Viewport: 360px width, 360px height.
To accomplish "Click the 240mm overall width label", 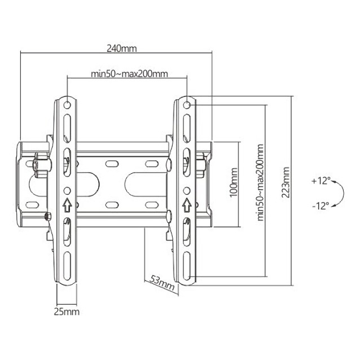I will (x=121, y=49).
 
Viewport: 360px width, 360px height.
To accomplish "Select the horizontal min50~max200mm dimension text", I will (x=129, y=74).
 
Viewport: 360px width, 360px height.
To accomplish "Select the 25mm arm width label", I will (x=67, y=311).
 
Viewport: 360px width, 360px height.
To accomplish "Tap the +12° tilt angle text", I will (x=319, y=181).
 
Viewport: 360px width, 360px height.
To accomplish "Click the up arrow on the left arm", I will (x=66, y=203).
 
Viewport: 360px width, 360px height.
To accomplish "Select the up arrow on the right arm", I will (x=186, y=203).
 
